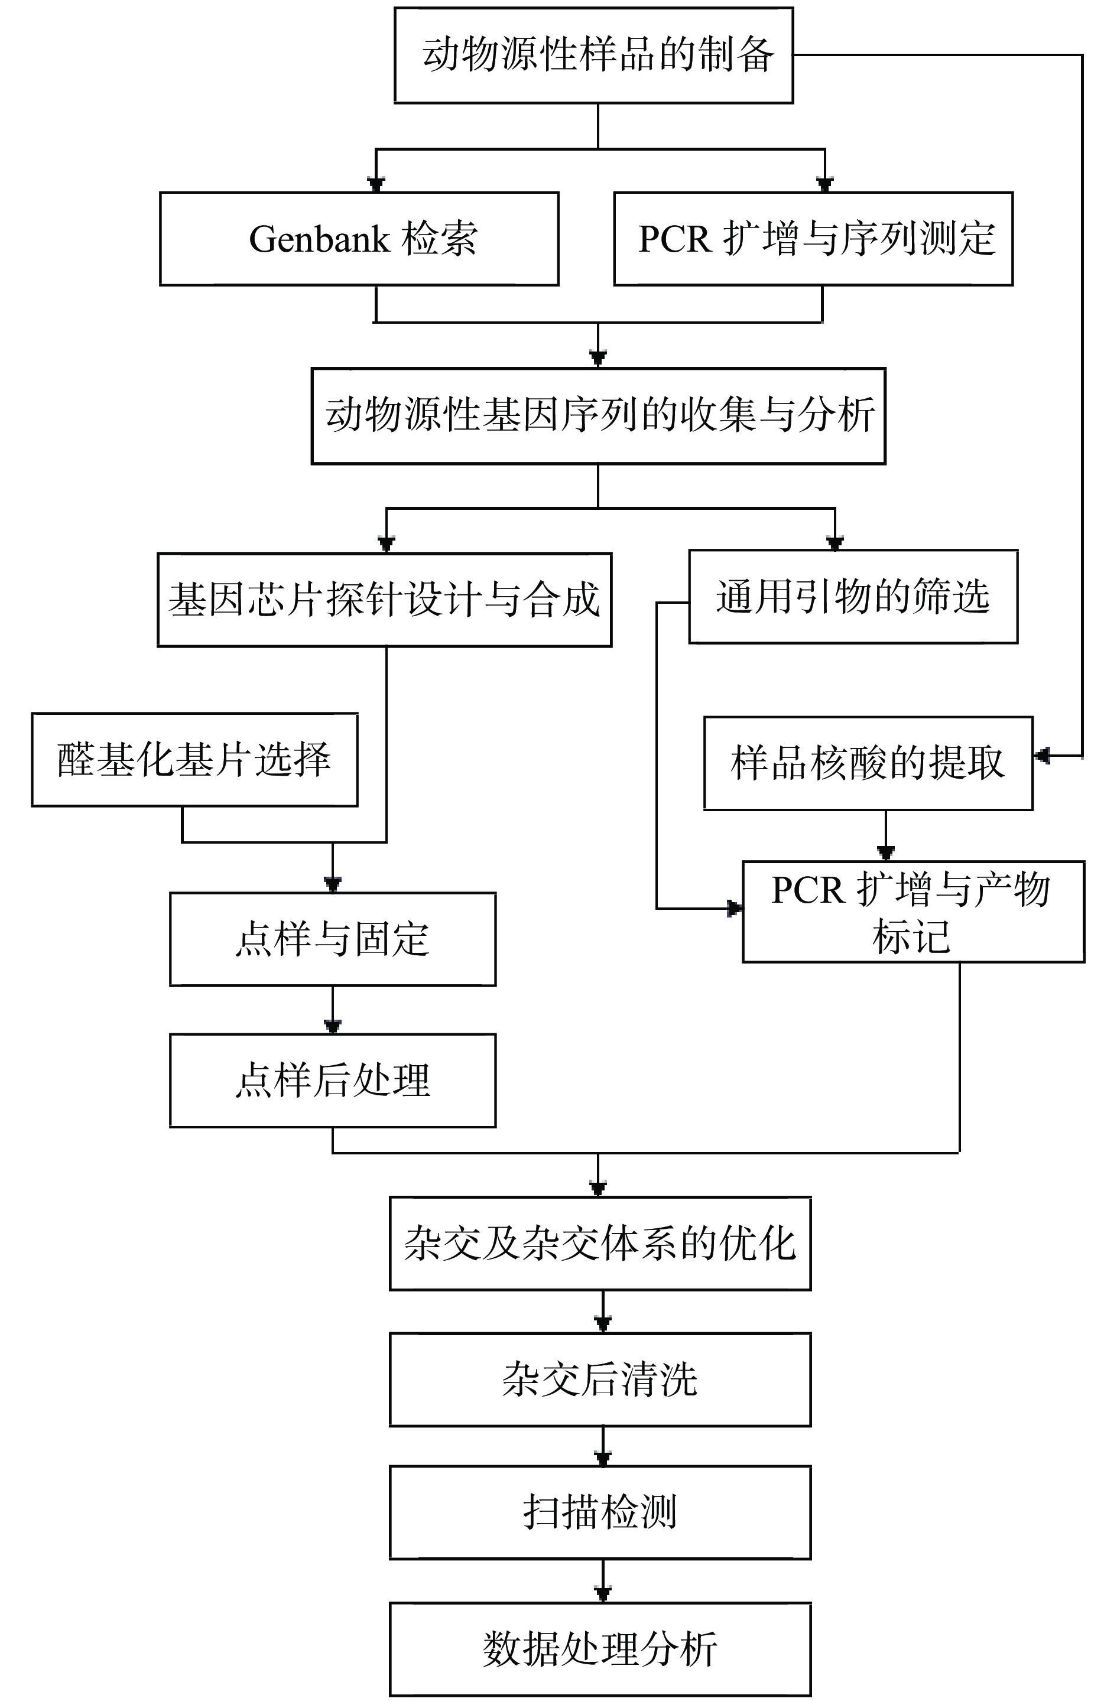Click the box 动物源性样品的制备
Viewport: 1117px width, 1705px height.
593,55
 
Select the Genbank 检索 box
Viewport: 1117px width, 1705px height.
359,239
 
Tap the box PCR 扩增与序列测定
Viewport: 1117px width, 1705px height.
813,239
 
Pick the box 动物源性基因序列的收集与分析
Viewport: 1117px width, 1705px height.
598,415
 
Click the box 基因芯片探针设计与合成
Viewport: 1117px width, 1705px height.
384,600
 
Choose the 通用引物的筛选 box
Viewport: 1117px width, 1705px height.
853,596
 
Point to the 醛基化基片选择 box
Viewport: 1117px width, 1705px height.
194,759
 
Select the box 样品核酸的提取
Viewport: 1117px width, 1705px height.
868,763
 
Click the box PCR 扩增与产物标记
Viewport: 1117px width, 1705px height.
913,911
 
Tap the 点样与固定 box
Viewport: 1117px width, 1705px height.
333,939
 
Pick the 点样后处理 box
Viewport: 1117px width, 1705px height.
333,1081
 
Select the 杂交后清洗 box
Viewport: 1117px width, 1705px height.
600,1379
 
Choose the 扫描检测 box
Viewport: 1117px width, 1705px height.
600,1512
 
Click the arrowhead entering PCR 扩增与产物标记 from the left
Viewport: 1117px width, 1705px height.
735,909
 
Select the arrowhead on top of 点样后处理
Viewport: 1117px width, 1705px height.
333,1026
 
